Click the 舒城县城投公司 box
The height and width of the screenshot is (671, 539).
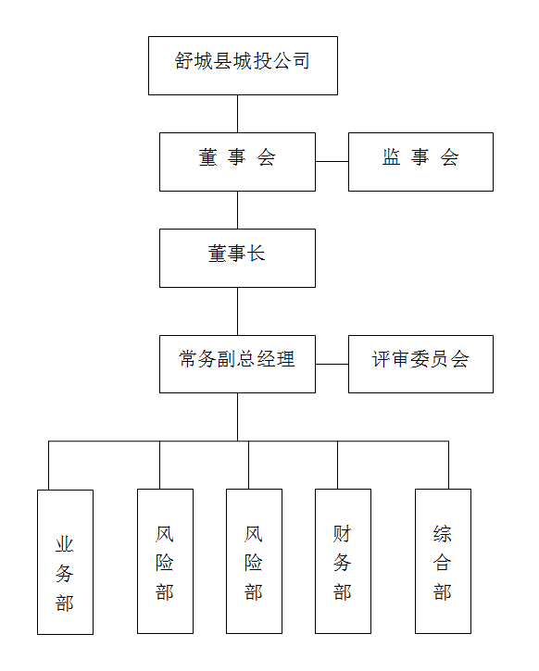(x=243, y=66)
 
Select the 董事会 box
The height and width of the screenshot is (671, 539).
(x=237, y=162)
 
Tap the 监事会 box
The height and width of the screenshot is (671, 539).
(x=420, y=162)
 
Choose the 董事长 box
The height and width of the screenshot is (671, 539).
(x=237, y=258)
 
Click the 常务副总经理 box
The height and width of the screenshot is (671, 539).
(x=237, y=364)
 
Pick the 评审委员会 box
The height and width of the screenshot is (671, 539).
(x=420, y=364)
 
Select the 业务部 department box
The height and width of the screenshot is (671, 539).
(x=65, y=562)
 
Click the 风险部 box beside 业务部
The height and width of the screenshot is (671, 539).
(x=165, y=561)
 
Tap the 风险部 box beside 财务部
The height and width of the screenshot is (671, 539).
(x=254, y=561)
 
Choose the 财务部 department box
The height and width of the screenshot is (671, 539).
(x=343, y=561)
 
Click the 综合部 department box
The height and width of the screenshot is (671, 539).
(x=443, y=561)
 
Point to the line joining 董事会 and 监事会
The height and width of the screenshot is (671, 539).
(x=332, y=161)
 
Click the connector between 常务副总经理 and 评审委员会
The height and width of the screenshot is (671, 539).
(x=332, y=364)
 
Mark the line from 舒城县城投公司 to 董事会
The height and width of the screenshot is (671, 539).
(x=238, y=114)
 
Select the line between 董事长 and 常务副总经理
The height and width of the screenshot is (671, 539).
(x=238, y=311)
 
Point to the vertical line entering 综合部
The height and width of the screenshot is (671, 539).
(x=448, y=465)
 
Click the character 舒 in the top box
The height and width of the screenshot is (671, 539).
(x=184, y=61)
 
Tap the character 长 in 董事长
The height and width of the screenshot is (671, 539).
(x=256, y=254)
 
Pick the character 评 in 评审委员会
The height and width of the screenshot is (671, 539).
(x=381, y=359)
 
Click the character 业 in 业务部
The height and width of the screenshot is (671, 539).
(x=65, y=545)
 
